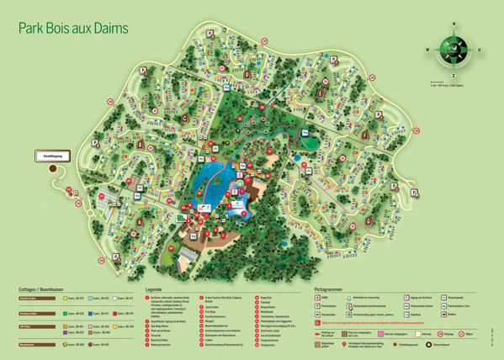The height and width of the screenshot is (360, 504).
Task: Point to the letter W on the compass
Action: pos(427,50)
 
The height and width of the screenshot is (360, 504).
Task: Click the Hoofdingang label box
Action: pos(48,155)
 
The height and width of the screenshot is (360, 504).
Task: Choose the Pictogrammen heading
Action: pos(332,288)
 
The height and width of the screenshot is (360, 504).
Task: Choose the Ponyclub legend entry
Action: pos(160,334)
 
